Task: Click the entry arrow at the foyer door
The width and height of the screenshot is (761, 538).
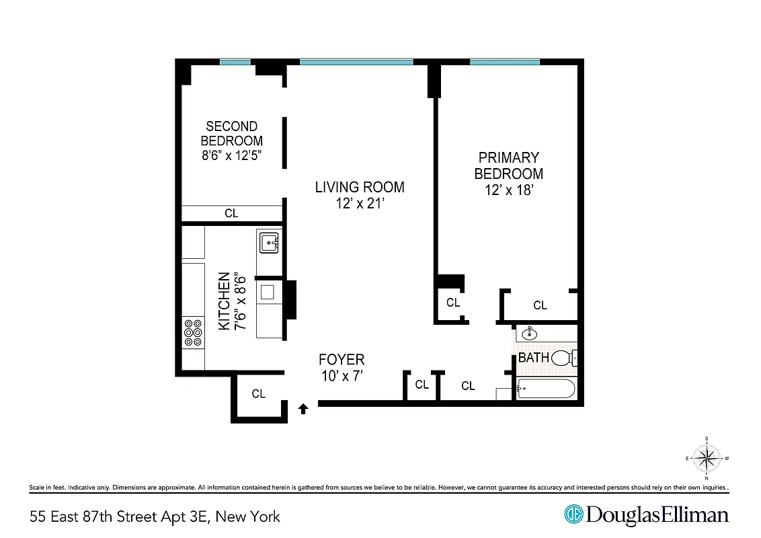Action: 303,407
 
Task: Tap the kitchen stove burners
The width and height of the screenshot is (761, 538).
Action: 193,332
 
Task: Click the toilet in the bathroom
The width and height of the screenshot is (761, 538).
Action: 563,358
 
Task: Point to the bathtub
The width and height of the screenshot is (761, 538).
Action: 546,389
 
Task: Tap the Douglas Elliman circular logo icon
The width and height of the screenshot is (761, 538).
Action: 573,515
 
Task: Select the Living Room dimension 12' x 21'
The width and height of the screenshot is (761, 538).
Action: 360,203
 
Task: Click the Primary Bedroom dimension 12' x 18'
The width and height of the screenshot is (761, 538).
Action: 509,190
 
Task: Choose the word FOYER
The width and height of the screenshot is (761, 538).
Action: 342,360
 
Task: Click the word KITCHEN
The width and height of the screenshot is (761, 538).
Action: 225,301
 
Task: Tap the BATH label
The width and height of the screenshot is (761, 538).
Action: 533,358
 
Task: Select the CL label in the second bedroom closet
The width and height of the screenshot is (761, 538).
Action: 231,213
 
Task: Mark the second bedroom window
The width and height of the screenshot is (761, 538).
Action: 235,62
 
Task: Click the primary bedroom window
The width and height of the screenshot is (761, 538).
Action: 504,62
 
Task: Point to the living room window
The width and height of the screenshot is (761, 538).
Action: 356,62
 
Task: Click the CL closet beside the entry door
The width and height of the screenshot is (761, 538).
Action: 259,394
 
